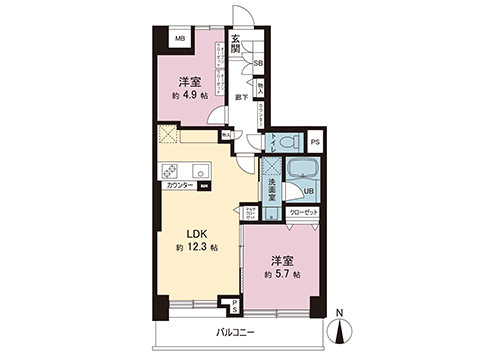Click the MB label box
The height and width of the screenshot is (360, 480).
click(x=181, y=41)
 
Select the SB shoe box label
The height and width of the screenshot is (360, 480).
click(x=258, y=63)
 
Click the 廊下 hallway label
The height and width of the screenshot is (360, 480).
click(x=241, y=97)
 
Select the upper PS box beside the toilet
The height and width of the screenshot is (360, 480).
click(x=315, y=143)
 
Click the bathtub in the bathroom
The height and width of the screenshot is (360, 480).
click(x=300, y=180)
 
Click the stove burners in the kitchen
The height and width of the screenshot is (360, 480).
click(x=168, y=170)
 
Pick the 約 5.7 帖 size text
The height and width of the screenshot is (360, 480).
click(x=280, y=273)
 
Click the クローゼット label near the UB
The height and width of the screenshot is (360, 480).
click(x=303, y=213)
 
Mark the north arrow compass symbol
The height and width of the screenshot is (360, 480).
click(x=341, y=325)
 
